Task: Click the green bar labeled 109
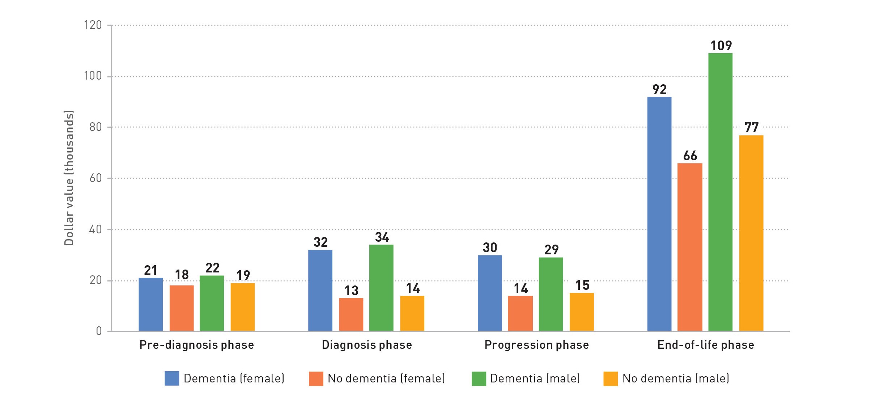[x=720, y=192]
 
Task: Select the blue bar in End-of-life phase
[x=659, y=213]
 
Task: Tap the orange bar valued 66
[x=690, y=247]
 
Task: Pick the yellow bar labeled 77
[x=751, y=233]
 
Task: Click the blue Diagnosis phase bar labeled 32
[x=320, y=290]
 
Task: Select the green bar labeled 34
[x=381, y=288]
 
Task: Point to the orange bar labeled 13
[x=351, y=314]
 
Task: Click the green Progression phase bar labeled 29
[x=551, y=294]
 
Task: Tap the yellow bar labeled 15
[x=582, y=312]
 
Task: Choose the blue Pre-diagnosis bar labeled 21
[x=150, y=304]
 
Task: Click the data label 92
[x=659, y=89]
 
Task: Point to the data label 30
[x=490, y=248]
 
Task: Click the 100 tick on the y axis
[x=93, y=76]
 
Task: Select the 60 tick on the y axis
[x=95, y=178]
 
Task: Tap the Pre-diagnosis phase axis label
[x=197, y=345]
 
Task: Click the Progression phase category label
[x=536, y=345]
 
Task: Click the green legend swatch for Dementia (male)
[x=479, y=378]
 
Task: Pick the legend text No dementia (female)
[x=386, y=378]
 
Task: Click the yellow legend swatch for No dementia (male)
[x=611, y=378]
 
